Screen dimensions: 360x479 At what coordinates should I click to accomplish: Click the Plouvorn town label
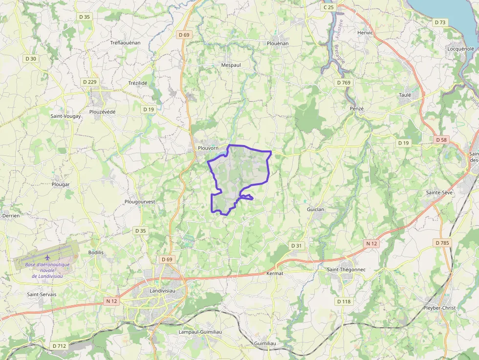tap(208, 148)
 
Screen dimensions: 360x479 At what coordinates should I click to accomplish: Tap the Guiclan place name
tap(316, 209)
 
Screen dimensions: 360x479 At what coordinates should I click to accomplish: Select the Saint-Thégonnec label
tap(346, 270)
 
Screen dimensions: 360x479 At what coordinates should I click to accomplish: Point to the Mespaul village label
tap(231, 65)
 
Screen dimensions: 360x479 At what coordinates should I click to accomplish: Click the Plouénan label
tap(278, 43)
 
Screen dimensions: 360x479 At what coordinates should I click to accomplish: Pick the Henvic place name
tap(365, 33)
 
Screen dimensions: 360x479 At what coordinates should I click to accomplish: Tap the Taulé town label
tap(405, 95)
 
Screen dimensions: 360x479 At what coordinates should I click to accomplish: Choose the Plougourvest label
tap(140, 201)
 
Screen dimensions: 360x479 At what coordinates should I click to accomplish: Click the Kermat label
tap(275, 274)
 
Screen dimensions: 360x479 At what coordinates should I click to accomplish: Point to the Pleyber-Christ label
tap(439, 308)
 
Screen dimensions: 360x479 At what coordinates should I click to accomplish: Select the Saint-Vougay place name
tap(66, 116)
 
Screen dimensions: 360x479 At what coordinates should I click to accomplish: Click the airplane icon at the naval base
tap(47, 257)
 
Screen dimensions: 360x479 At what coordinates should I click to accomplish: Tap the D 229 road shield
tap(89, 82)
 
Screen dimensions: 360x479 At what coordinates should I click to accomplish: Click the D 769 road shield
tap(344, 83)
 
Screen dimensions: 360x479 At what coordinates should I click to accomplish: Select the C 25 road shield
tap(328, 7)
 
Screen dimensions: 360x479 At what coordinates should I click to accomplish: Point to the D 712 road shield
tap(59, 346)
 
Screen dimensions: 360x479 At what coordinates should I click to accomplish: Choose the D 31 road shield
tap(296, 246)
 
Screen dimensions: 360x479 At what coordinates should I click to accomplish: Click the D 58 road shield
tap(441, 140)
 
